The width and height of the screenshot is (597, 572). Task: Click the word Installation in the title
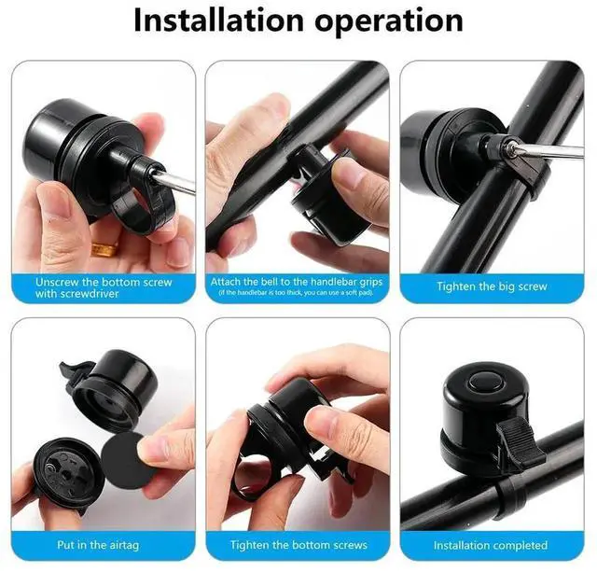(218, 21)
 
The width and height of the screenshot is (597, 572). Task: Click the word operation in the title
(389, 22)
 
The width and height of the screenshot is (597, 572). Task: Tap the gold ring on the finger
(104, 249)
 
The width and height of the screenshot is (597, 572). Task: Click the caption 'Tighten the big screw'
(492, 286)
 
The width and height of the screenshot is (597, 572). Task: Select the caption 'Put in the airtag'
(98, 545)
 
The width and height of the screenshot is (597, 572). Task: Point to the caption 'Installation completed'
(491, 545)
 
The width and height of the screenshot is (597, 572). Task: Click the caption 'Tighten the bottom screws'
(298, 545)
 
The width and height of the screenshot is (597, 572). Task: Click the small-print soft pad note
(297, 292)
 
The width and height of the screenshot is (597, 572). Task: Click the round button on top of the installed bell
(485, 382)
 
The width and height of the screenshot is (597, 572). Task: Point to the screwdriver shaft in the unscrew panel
(176, 180)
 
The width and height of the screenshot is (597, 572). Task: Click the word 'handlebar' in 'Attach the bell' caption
(327, 282)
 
